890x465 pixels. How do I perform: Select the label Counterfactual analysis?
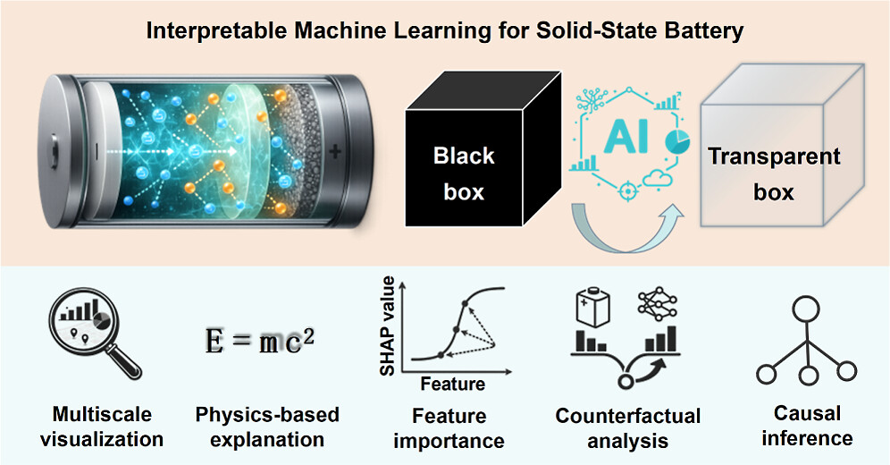[628, 428]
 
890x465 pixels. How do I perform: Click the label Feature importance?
[458, 428]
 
